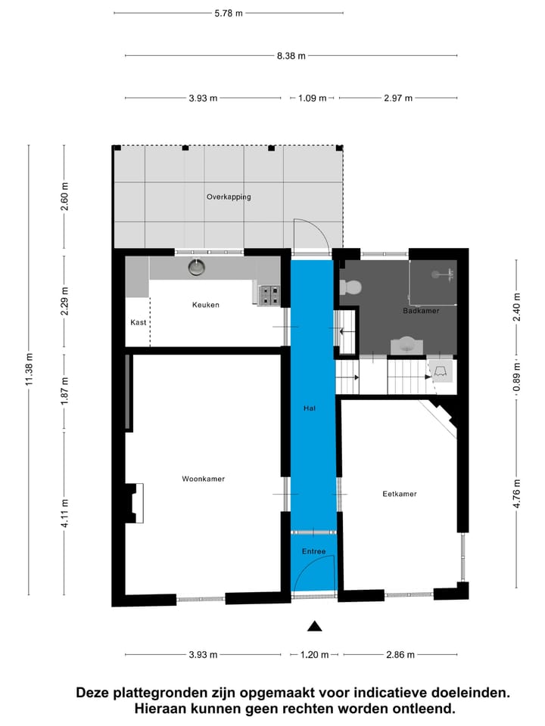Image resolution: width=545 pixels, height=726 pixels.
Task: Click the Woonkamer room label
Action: [x=203, y=479]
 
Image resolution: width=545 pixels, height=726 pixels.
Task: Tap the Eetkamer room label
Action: [x=399, y=494]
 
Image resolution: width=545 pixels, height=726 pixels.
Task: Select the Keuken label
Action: [x=205, y=305]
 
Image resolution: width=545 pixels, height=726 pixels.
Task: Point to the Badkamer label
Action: [x=421, y=311]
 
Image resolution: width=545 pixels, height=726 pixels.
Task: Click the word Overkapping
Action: [x=228, y=197]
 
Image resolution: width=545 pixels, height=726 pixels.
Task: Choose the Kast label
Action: [x=138, y=322]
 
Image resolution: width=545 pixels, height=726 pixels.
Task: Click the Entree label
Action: [x=313, y=551]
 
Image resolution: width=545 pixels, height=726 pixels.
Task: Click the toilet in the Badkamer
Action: [x=350, y=287]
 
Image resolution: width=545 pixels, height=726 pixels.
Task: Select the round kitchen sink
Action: [x=198, y=266]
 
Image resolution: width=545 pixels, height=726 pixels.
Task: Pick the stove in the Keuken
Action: [x=269, y=295]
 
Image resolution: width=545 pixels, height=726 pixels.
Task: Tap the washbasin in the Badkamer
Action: [x=407, y=345]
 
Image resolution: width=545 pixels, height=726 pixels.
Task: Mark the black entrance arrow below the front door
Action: [x=314, y=625]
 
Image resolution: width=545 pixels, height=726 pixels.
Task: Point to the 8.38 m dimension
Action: [x=291, y=55]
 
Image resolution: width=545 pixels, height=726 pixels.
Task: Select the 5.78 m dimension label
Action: [x=229, y=13]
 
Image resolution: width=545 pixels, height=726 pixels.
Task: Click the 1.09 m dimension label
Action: [x=313, y=98]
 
